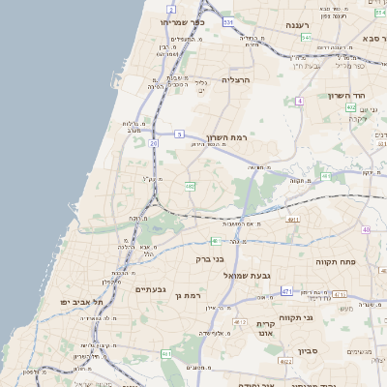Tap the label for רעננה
coord(289,26)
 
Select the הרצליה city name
coord(236,80)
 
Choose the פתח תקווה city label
coord(338,261)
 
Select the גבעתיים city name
coord(151,289)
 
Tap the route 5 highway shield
coord(180,134)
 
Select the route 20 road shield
coord(153,143)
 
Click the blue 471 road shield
coord(286,290)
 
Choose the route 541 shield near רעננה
coord(306,37)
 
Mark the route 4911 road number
coord(293,220)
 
